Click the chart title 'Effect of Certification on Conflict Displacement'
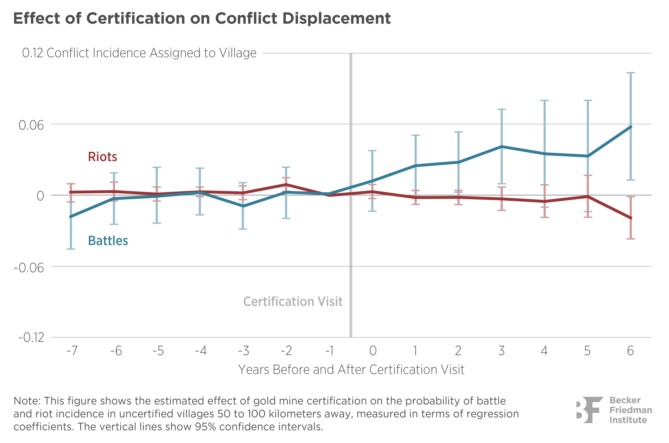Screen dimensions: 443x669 pyautogui.click(x=202, y=19)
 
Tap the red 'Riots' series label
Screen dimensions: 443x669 pyautogui.click(x=103, y=157)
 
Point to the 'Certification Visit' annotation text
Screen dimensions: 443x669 pyautogui.click(x=293, y=301)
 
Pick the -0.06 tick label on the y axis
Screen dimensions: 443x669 pyautogui.click(x=29, y=268)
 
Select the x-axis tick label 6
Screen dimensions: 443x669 pyautogui.click(x=630, y=351)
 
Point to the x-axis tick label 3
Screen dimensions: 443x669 pyautogui.click(x=501, y=351)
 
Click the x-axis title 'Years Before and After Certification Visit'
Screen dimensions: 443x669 pyautogui.click(x=351, y=370)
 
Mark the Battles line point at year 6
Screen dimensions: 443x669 pyautogui.click(x=631, y=127)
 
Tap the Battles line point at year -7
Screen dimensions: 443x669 pyautogui.click(x=71, y=216)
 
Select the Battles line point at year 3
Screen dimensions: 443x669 pyautogui.click(x=501, y=147)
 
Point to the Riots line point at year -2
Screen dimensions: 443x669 pyautogui.click(x=286, y=185)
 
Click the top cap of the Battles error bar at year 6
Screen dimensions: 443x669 pyautogui.click(x=631, y=73)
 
